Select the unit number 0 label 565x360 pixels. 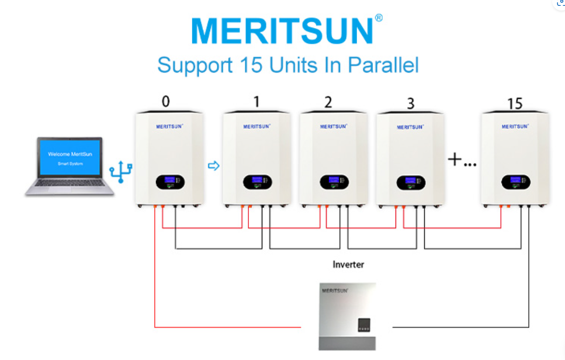[166, 102]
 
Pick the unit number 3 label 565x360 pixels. [410, 104]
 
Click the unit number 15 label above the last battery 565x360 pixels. [514, 103]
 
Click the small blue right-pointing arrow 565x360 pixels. [213, 166]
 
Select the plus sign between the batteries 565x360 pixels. [455, 159]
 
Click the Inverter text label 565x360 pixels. [348, 265]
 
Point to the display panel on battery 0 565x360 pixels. [170, 183]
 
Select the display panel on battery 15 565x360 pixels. [515, 182]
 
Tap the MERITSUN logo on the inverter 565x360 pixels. [335, 290]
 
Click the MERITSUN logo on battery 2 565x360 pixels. [334, 126]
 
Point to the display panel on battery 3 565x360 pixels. [411, 183]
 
